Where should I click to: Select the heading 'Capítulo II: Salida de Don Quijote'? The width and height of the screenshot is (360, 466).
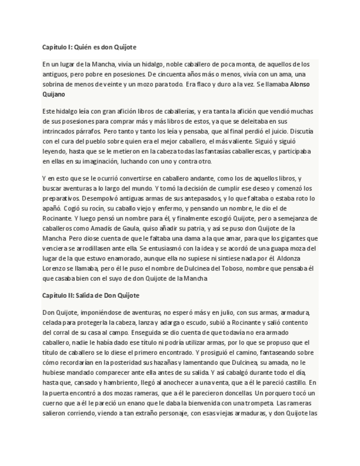coord(91,295)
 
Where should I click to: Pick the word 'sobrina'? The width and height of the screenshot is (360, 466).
coord(53,84)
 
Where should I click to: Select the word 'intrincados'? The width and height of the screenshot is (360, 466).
coord(60,132)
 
